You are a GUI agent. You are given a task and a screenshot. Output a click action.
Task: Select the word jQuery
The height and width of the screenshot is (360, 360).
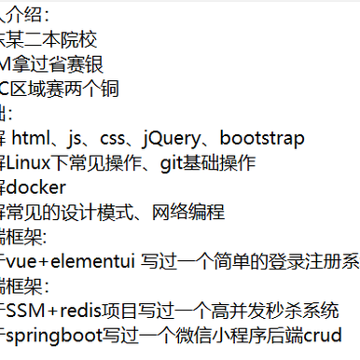tap(174, 139)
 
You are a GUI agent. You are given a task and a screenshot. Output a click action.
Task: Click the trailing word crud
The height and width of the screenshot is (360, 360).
tap(314, 335)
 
